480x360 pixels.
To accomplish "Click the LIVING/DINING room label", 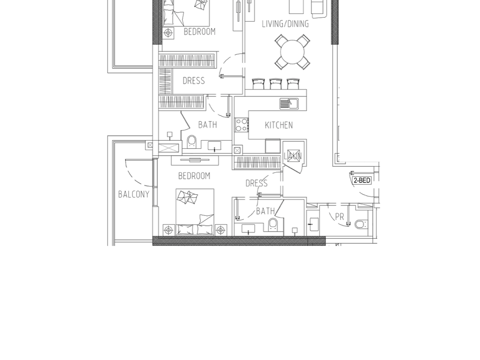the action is coord(285,24).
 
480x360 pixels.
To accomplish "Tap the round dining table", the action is coord(292,52).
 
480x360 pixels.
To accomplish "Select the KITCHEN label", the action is coord(279,125).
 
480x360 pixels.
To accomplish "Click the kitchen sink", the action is coord(289,103).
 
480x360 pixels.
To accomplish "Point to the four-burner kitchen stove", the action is coord(241,125).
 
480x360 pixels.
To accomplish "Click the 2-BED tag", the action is coord(362,180).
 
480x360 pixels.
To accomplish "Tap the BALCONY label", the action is coord(134,194).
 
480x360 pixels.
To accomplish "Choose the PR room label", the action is coord(339,217).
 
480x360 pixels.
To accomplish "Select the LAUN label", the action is coord(292,156).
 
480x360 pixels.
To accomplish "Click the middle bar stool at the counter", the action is coord(276,84).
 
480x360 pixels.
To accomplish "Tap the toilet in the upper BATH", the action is coord(192,142).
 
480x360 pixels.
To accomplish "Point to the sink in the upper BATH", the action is coord(214,146).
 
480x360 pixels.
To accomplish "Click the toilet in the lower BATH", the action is coord(273,225).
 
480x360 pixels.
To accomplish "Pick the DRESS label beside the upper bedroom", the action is coord(194,81).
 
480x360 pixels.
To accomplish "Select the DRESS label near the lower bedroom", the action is coord(257,183).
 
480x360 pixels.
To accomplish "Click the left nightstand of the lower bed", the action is coord(168,230).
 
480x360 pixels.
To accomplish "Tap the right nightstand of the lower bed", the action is coord(221,230).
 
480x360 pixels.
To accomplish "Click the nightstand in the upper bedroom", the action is coord(168,33).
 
